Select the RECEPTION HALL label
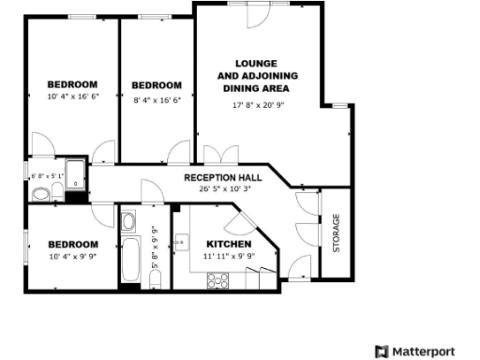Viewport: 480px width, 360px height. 222,177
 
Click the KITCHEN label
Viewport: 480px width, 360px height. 229,244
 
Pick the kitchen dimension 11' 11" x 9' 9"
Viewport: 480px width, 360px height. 229,255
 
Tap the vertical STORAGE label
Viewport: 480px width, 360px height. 336,233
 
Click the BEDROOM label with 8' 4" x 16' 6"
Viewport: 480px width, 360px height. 157,84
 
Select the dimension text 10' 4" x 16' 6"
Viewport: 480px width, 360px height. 71,96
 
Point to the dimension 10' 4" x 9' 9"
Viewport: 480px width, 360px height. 71,255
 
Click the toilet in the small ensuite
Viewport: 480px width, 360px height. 40,194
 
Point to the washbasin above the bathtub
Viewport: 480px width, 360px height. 128,221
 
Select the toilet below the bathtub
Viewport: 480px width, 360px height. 156,279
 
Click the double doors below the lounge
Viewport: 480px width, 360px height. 217,155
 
